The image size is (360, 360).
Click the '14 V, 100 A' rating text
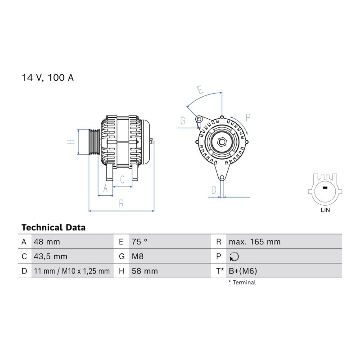point(48,78)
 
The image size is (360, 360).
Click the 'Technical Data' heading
point(54,228)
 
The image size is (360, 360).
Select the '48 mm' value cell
point(47,242)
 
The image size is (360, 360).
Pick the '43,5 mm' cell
point(50,256)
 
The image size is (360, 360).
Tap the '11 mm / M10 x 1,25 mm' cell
point(72,271)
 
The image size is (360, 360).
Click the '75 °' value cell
point(139,242)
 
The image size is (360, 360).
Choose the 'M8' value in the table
point(138,256)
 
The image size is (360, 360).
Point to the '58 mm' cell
point(144,271)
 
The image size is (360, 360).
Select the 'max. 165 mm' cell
point(255,242)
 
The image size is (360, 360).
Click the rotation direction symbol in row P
point(234,256)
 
